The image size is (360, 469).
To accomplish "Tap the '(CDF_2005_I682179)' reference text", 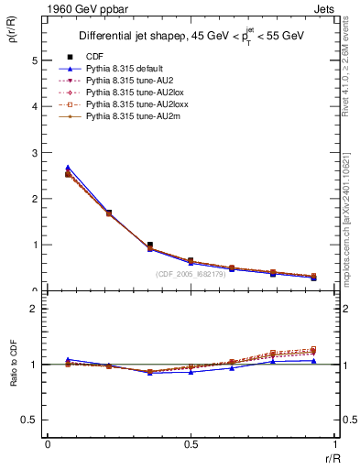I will (191, 274).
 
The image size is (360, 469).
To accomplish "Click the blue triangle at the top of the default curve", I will (68, 168).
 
